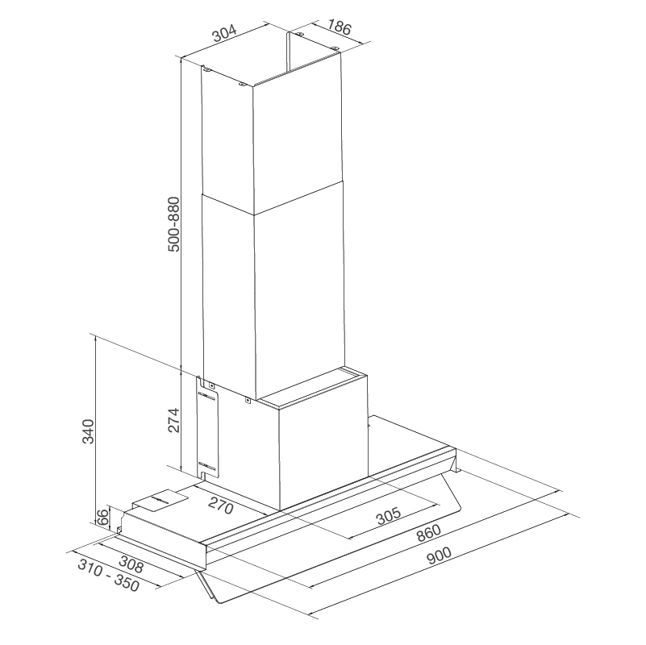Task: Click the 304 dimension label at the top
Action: (x=223, y=35)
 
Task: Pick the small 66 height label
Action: (x=102, y=517)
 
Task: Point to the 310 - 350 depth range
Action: (x=109, y=575)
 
